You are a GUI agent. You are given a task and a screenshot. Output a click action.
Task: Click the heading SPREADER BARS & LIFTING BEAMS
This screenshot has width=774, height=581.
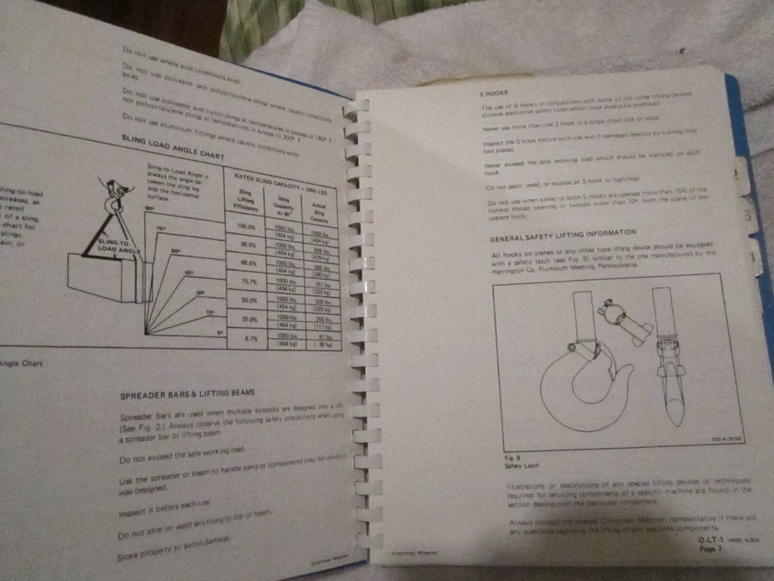click(188, 393)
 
